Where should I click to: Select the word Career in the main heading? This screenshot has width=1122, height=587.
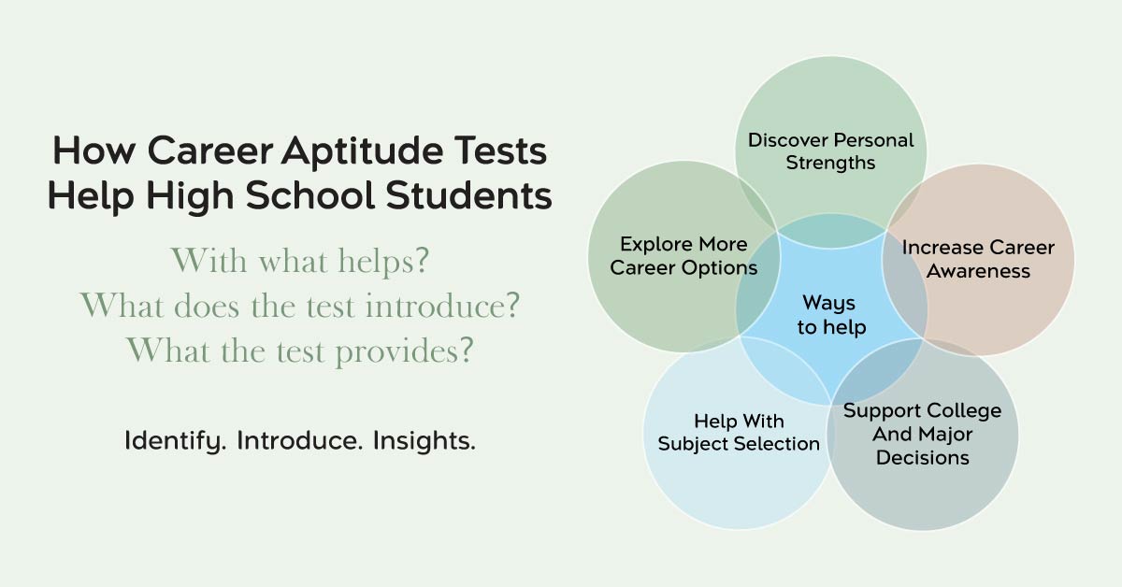(x=210, y=150)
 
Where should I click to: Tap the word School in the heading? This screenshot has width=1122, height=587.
(x=310, y=195)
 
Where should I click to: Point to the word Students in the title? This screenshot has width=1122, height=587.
(x=468, y=195)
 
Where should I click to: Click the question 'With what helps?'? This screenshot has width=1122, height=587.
(x=300, y=261)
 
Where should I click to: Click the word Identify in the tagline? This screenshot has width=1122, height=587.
(x=176, y=441)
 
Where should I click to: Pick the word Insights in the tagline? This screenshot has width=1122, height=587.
(x=424, y=441)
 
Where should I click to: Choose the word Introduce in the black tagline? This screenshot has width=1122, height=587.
(x=299, y=441)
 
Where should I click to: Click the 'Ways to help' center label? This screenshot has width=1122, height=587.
(x=831, y=315)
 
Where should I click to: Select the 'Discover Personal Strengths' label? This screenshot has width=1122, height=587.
(x=831, y=151)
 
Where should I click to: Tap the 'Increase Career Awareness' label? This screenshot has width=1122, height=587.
(x=978, y=260)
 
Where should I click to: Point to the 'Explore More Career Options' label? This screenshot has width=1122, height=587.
(x=683, y=256)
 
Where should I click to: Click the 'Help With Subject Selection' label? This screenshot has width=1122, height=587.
(x=739, y=433)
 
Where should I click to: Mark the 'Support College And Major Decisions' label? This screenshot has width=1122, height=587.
(x=923, y=434)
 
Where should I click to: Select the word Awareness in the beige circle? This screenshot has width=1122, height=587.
(x=978, y=271)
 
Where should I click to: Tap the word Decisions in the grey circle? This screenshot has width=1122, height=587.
(x=923, y=458)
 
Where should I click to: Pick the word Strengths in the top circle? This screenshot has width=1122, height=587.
(x=831, y=163)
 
